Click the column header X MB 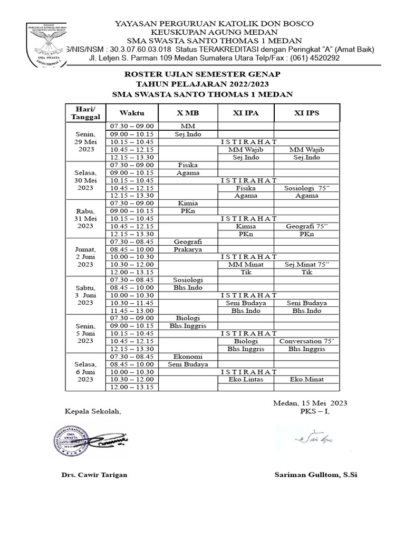click(188, 113)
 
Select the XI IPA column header click(246, 113)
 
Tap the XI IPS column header click(306, 113)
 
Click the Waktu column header click(131, 113)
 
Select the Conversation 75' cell click(306, 341)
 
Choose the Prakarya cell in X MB click(188, 249)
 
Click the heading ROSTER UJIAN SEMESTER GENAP click(202, 75)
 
